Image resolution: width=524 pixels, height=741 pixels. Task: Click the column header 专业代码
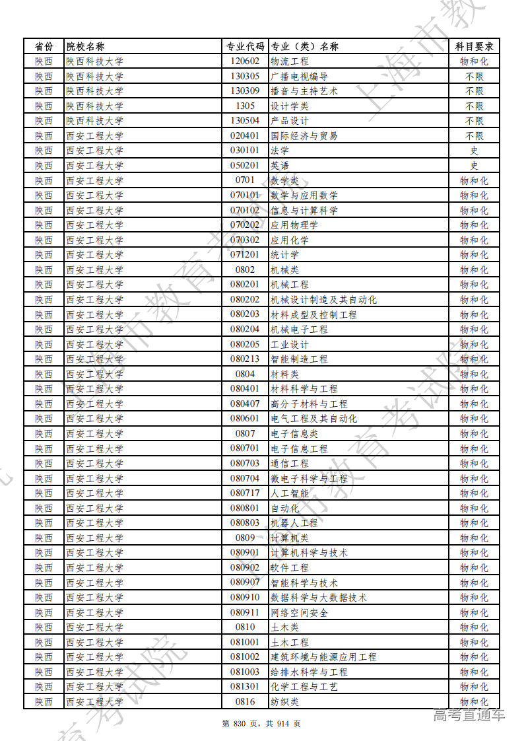[x=245, y=46]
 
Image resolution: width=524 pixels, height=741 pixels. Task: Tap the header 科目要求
[x=474, y=46]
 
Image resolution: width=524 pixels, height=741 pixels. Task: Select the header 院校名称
[x=85, y=46]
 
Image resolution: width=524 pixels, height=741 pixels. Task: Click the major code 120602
[x=245, y=61]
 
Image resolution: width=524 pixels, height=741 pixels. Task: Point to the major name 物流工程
[x=289, y=61]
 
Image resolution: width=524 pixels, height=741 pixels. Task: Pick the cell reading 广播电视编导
[x=299, y=76]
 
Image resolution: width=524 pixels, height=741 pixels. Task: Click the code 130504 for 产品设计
[x=245, y=121]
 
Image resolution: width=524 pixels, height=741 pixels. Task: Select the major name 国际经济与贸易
[x=304, y=136]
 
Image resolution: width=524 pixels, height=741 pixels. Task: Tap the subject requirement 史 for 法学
[x=474, y=151]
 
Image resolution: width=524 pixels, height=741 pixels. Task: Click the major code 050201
[x=245, y=166]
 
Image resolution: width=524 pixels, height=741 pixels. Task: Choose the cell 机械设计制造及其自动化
[x=323, y=300]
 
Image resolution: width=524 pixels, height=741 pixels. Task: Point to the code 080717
[x=245, y=493]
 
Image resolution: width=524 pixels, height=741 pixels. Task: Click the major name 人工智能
[x=289, y=493]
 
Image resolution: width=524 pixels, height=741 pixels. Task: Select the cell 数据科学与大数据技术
[x=319, y=598]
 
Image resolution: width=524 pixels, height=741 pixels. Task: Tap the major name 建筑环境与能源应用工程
[x=323, y=657]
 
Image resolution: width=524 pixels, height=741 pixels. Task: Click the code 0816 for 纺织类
[x=245, y=702]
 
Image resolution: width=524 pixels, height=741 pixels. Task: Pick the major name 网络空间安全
[x=299, y=613]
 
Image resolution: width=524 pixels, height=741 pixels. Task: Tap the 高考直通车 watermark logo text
[x=469, y=715]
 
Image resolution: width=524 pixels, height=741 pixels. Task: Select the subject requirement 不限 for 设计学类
[x=474, y=106]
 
